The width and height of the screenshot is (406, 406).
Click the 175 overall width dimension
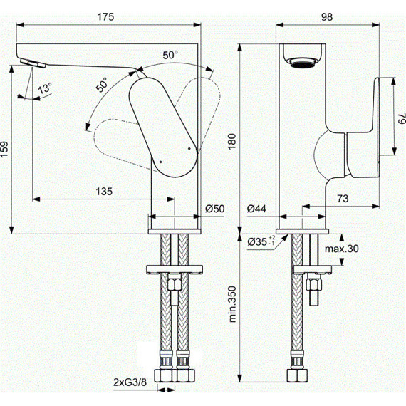(x=105, y=17)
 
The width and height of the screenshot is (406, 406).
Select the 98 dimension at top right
(x=327, y=17)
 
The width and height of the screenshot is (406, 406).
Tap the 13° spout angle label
(x=45, y=88)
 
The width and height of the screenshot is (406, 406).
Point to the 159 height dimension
(x=4, y=149)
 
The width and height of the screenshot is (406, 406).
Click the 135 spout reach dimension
(x=104, y=192)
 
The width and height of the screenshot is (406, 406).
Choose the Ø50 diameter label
(x=215, y=209)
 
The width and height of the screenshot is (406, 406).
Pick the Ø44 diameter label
(x=256, y=209)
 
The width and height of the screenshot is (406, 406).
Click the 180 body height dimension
(x=232, y=141)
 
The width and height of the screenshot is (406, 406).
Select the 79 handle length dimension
(x=401, y=118)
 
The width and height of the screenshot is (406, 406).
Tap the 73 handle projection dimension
(x=343, y=199)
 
